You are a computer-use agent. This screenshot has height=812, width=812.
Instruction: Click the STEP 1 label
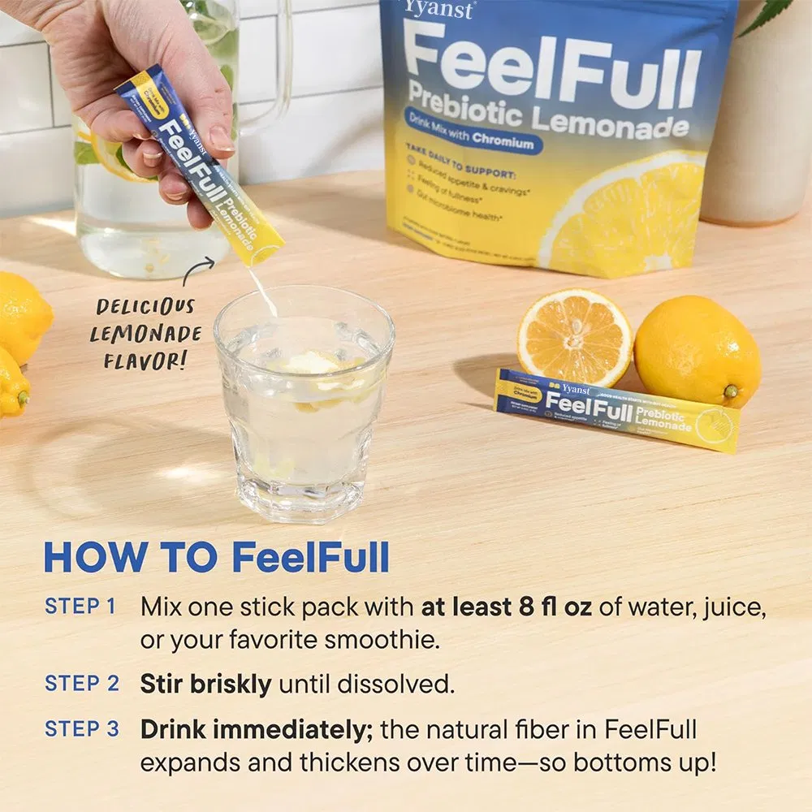coord(80,607)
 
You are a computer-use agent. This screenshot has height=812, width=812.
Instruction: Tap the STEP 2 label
coord(81,684)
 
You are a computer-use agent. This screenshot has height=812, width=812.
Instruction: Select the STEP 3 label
coord(81,729)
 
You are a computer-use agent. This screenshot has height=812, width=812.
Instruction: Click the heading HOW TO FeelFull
coord(216,558)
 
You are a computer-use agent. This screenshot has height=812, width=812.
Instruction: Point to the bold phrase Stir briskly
coord(205,685)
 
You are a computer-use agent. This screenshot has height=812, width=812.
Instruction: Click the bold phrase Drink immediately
coord(256,729)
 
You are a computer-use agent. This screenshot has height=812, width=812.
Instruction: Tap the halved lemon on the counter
coord(574,338)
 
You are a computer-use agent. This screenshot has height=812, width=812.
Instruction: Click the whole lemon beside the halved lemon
coord(697,352)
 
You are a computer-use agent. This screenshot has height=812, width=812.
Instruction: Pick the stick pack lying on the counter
coord(617,409)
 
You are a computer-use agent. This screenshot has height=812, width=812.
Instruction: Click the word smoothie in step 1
coord(382,640)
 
